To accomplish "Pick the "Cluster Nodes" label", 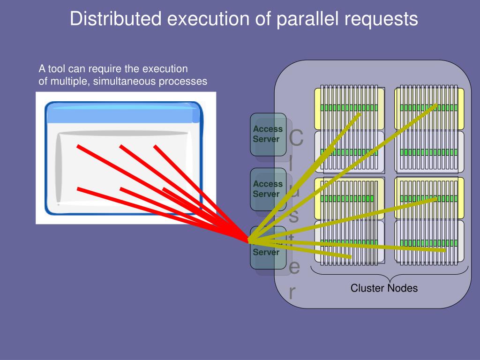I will click(384, 288).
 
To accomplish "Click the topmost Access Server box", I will click(268, 134).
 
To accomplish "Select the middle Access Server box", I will click(268, 189).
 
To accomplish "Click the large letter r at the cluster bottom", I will click(292, 292).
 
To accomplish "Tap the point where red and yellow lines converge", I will click(249, 241).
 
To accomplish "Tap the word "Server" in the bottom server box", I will click(266, 252).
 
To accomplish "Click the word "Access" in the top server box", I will click(268, 129).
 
